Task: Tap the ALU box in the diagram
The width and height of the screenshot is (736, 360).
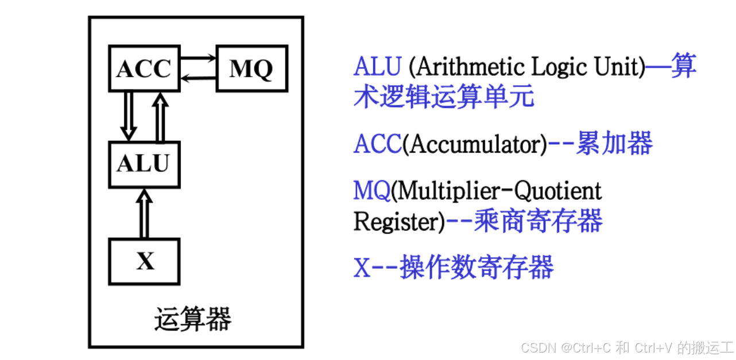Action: [x=144, y=164]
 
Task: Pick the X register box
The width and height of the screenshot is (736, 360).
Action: [x=144, y=262]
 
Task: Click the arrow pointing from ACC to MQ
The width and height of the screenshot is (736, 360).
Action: [x=198, y=57]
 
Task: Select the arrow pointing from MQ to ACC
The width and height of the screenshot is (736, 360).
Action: [x=198, y=78]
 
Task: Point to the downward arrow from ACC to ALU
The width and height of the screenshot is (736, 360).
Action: [x=128, y=115]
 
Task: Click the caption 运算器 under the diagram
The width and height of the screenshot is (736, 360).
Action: [x=192, y=319]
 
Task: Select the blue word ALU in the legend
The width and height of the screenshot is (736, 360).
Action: [x=377, y=67]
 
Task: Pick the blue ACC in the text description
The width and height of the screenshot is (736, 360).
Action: [x=377, y=145]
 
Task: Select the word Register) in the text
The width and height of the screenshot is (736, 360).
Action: [x=399, y=222]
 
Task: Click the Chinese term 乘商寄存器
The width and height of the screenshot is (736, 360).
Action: [x=539, y=221]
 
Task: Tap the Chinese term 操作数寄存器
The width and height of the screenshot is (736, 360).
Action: [x=477, y=268]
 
